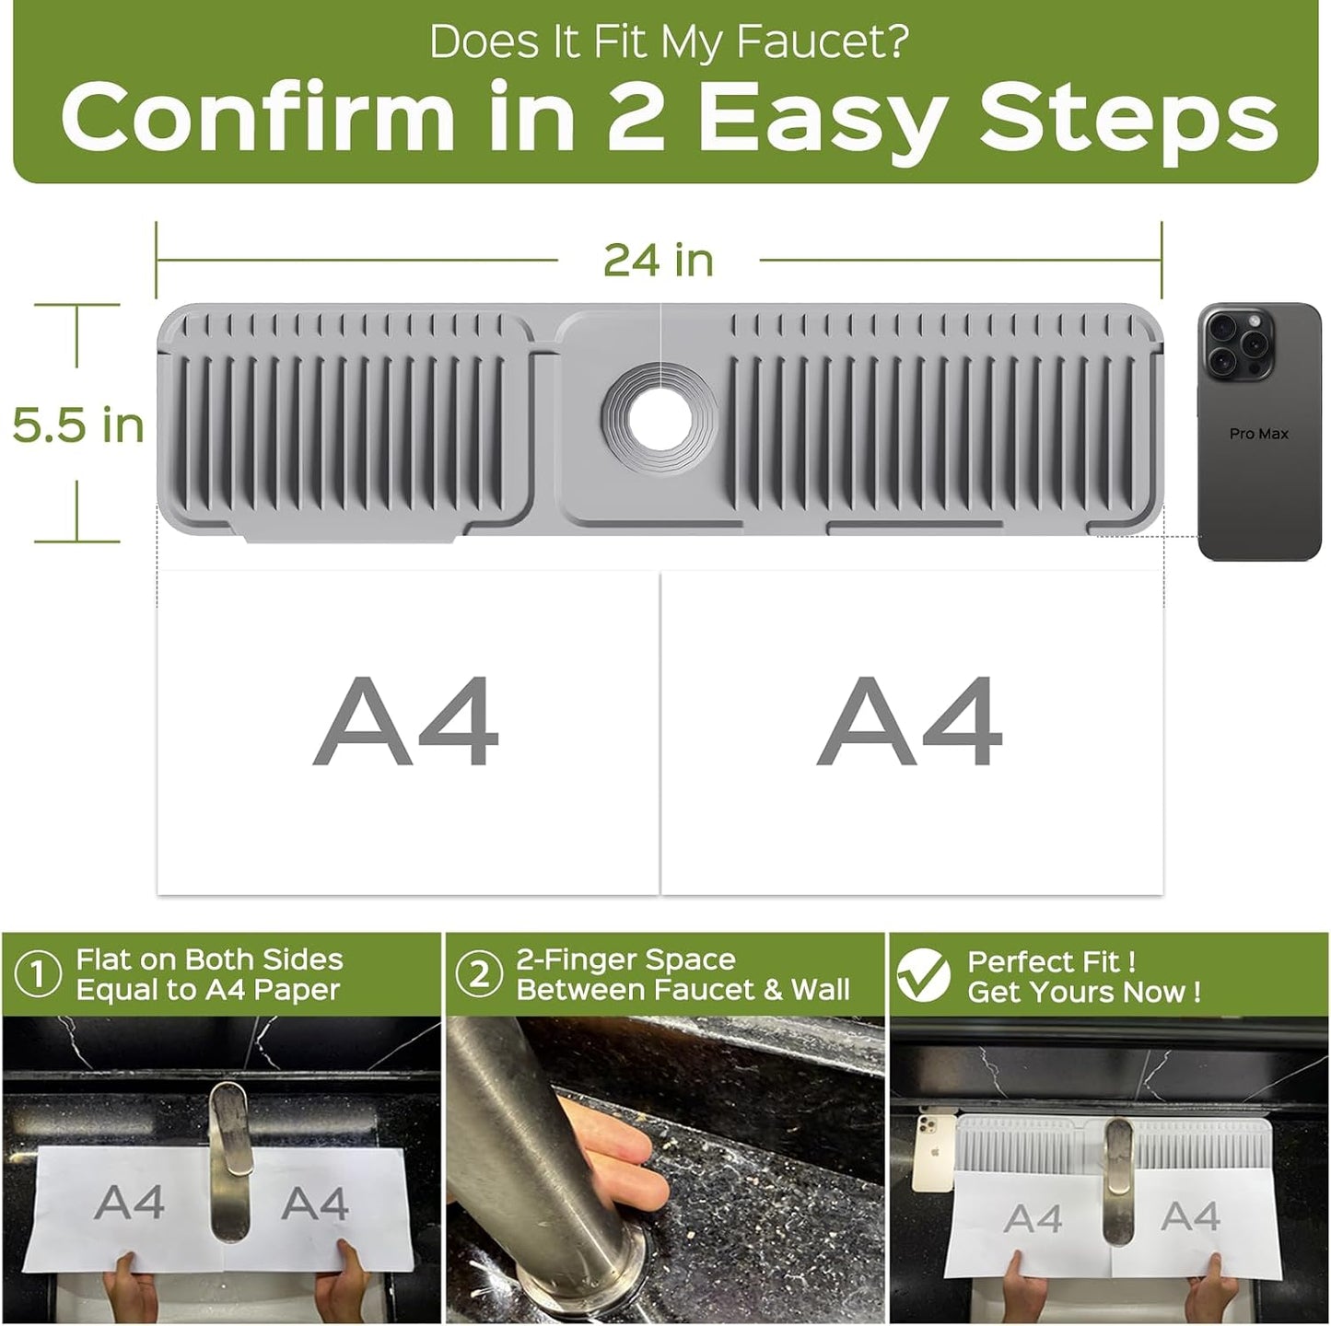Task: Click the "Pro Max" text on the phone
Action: pyautogui.click(x=1258, y=434)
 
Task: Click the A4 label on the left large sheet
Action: pyautogui.click(x=406, y=721)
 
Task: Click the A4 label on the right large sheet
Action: pyautogui.click(x=910, y=721)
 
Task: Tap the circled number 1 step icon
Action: pyautogui.click(x=38, y=974)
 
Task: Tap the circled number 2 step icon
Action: pyautogui.click(x=479, y=974)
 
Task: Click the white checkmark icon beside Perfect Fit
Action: pyautogui.click(x=924, y=974)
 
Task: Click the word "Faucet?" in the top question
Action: pyautogui.click(x=822, y=41)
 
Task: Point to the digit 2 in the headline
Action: pyautogui.click(x=635, y=114)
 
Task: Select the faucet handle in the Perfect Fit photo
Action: pyautogui.click(x=1118, y=1181)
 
